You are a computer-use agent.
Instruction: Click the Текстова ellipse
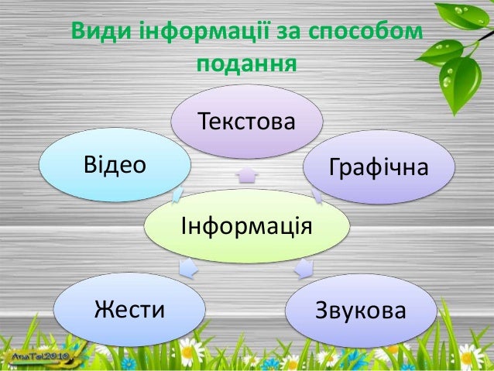[247, 122]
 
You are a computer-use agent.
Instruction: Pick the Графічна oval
[378, 167]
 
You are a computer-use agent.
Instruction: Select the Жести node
[129, 311]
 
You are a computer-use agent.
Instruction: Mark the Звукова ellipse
[360, 311]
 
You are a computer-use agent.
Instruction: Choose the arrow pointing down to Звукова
[304, 268]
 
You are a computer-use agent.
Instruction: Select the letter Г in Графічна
[335, 167]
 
